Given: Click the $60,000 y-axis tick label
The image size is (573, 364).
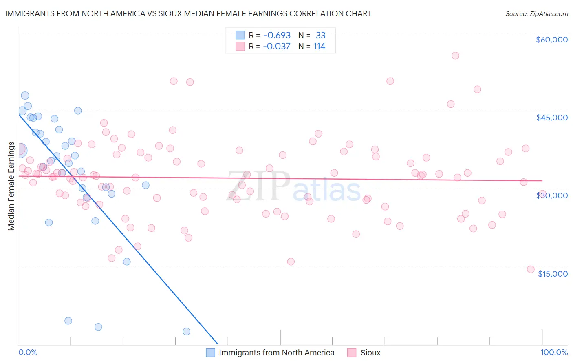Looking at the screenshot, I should click(x=551, y=40).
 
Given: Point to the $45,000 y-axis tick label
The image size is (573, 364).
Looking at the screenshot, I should click(x=551, y=118).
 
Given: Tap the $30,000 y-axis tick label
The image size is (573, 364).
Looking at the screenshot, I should click(x=551, y=195).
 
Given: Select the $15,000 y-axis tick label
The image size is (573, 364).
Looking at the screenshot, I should click(x=553, y=273).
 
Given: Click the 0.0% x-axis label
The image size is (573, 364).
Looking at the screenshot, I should click(x=28, y=352).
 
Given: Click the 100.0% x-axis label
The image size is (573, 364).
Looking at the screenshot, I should click(x=554, y=352).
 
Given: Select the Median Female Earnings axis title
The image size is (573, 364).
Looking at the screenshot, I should click(x=11, y=186).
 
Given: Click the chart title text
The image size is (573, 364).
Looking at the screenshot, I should click(x=188, y=13).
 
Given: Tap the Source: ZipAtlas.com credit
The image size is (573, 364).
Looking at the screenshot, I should click(x=536, y=13).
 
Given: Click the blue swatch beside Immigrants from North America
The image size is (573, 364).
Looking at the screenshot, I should click(x=210, y=353).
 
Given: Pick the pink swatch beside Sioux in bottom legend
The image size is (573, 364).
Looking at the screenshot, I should click(x=352, y=353).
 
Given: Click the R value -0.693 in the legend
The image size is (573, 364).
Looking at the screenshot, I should click(x=277, y=36).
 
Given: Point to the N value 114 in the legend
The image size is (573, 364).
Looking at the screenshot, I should click(x=319, y=47).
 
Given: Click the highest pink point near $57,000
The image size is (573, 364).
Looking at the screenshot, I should click(x=455, y=55).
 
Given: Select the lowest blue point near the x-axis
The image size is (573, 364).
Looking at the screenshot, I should click(x=186, y=331).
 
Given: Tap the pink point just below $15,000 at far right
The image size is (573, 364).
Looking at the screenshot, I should click(x=531, y=269).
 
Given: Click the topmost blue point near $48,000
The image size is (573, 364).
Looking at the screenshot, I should click(x=25, y=95).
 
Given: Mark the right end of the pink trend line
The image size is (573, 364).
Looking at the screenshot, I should click(x=542, y=180).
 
